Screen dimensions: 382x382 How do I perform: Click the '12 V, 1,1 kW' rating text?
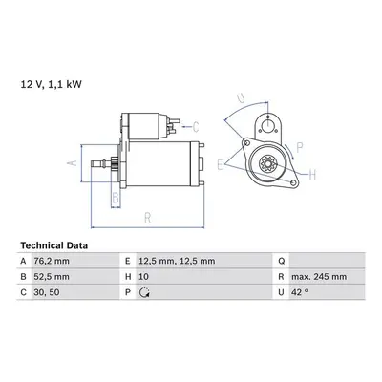(52, 84)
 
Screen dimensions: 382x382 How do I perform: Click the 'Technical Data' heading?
(54, 245)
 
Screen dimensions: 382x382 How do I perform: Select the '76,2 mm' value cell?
(52, 261)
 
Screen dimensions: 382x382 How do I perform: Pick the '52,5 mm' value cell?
(52, 276)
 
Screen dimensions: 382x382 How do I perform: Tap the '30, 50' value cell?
(47, 292)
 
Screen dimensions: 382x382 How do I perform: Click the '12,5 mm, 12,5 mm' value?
(177, 261)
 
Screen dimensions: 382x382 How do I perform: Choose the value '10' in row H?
(143, 276)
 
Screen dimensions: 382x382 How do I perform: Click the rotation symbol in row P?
(145, 292)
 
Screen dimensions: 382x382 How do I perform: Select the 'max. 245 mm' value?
(319, 276)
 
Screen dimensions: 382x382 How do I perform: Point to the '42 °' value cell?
(300, 292)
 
